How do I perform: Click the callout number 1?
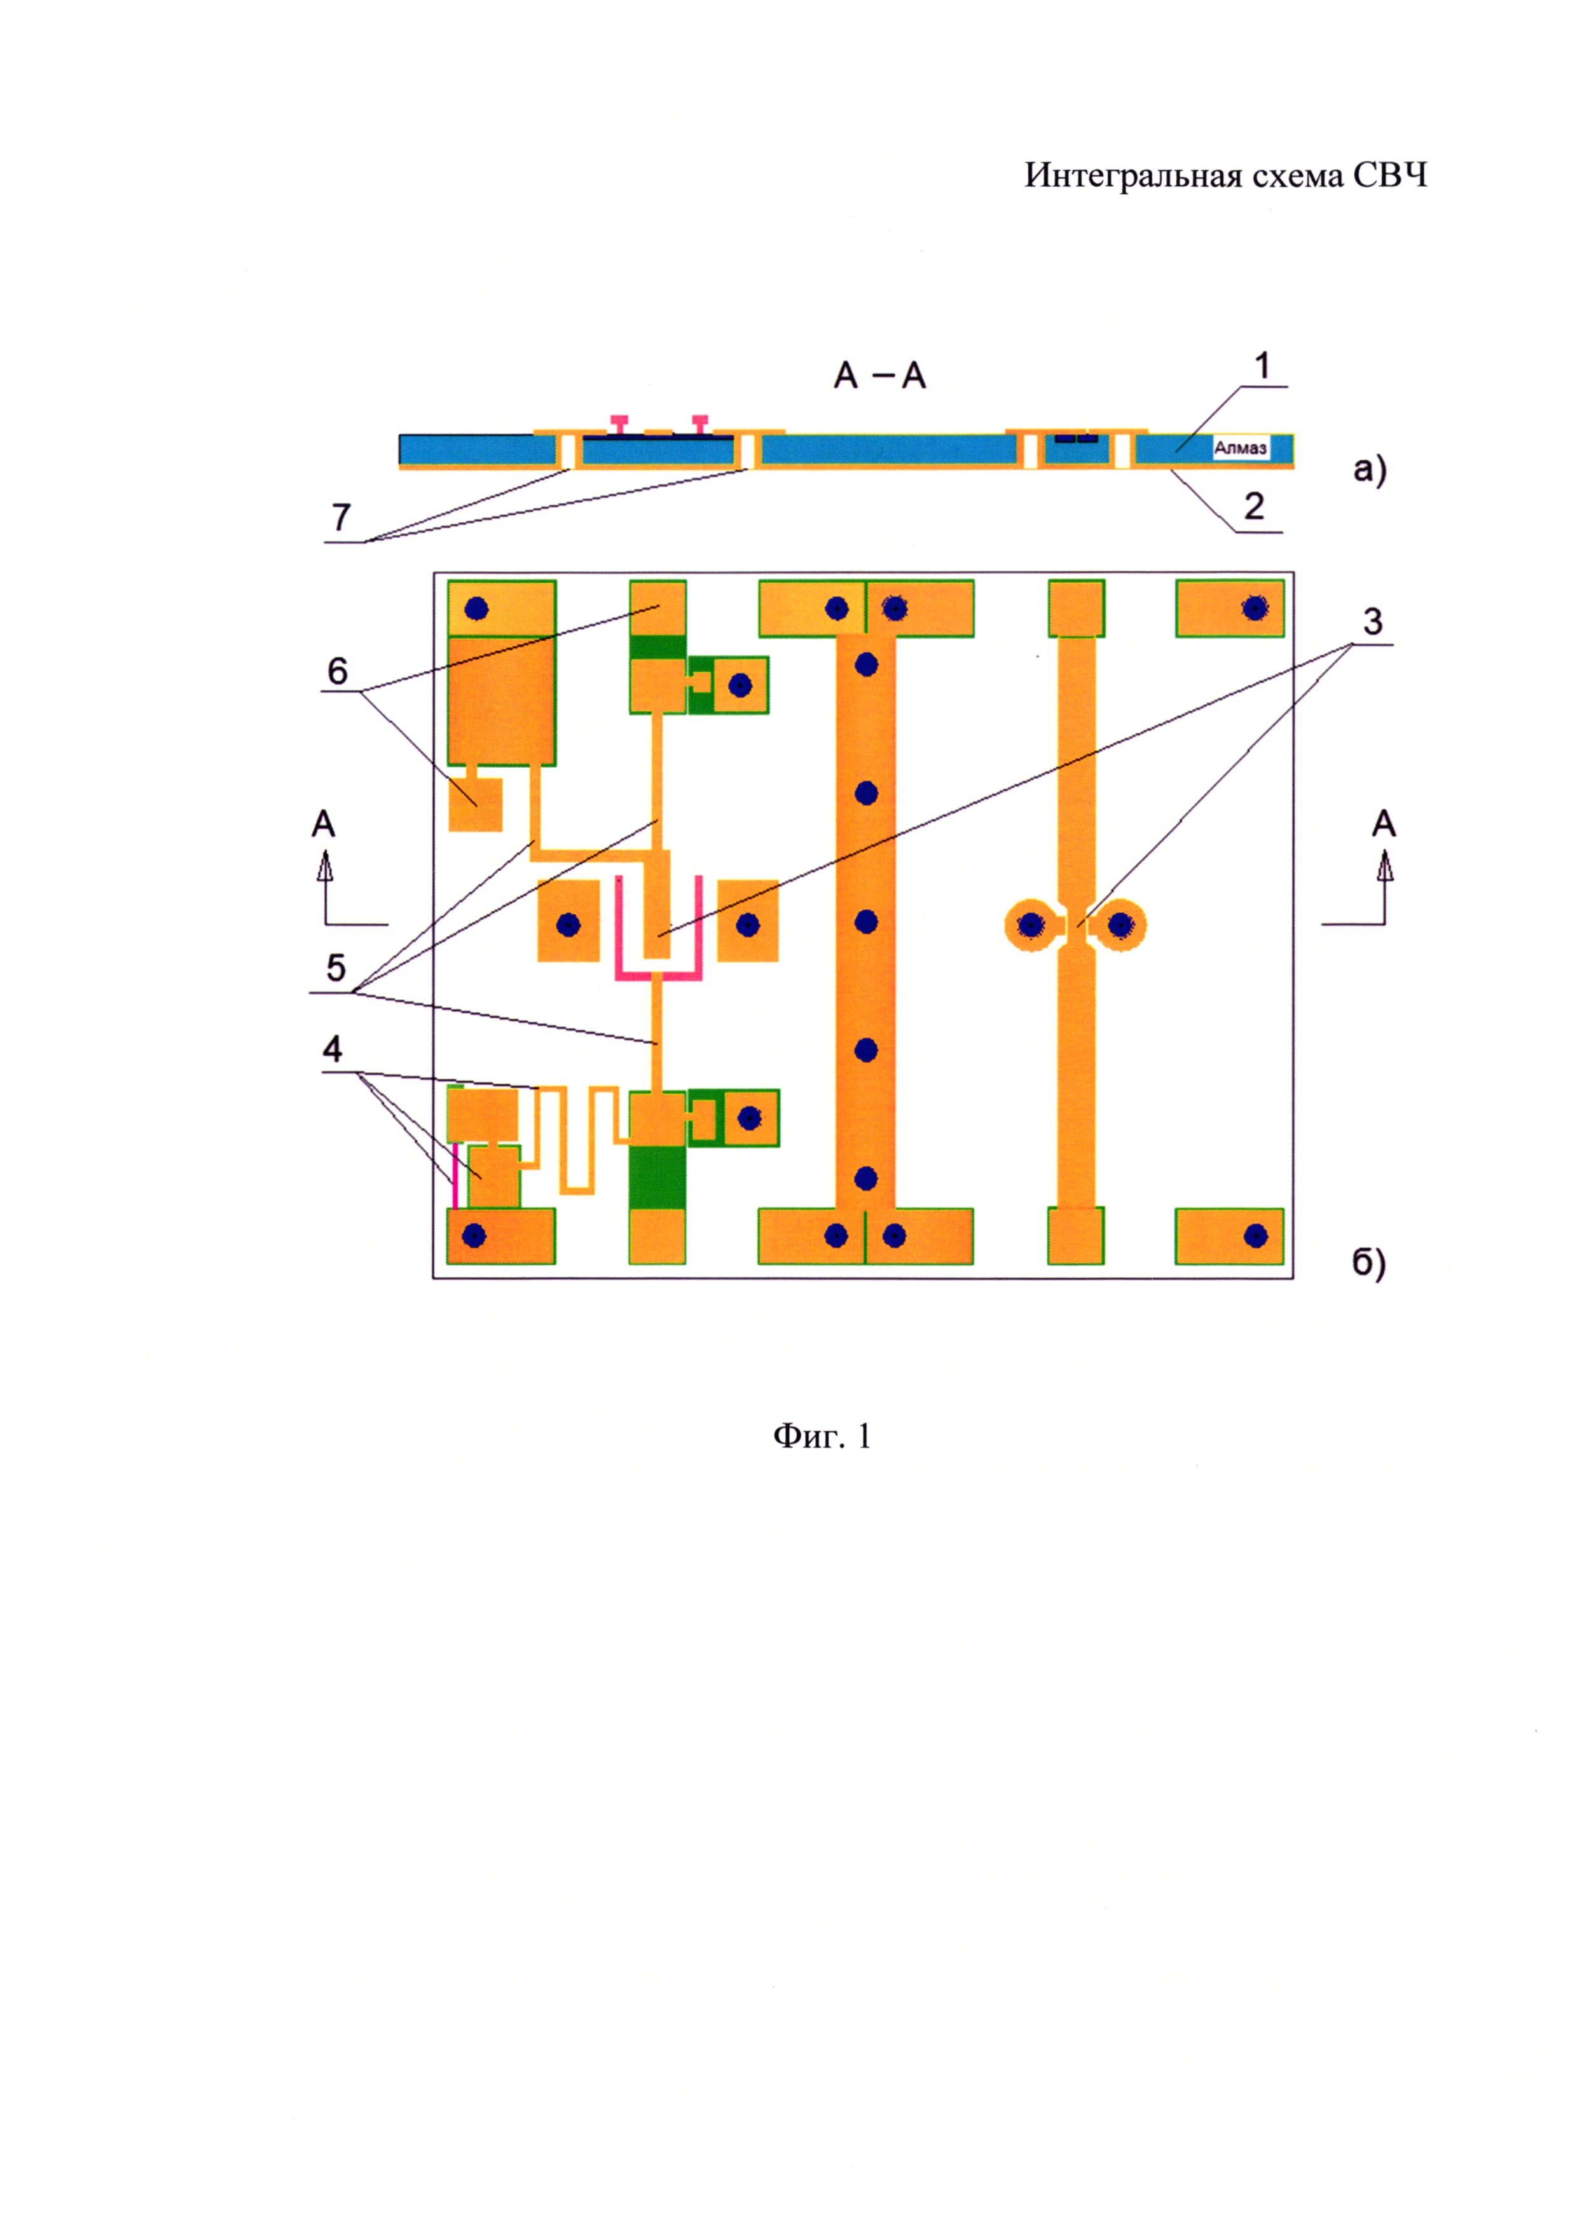[x=1262, y=367]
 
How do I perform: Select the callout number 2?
[x=1253, y=507]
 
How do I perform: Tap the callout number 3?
[x=1372, y=622]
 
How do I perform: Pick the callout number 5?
[x=336, y=968]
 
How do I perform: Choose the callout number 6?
[x=337, y=671]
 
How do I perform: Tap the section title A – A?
[x=880, y=376]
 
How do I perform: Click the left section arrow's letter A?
[x=324, y=825]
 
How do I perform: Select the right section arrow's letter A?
[x=1384, y=825]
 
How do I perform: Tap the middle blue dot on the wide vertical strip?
[x=866, y=922]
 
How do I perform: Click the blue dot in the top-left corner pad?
[x=476, y=609]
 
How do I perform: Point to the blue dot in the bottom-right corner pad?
[x=1256, y=1236]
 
